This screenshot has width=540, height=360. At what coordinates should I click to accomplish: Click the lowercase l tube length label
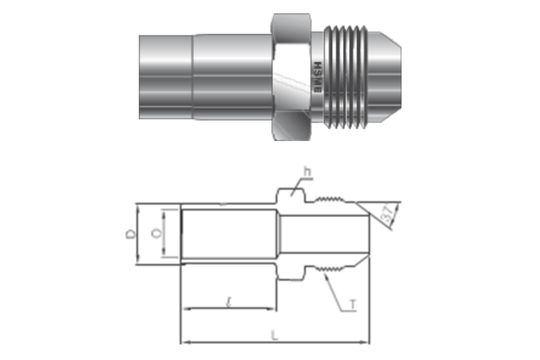(230, 299)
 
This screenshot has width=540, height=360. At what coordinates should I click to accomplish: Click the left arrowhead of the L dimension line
(184, 337)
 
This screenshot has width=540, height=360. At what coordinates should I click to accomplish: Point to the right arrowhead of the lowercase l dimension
(274, 309)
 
